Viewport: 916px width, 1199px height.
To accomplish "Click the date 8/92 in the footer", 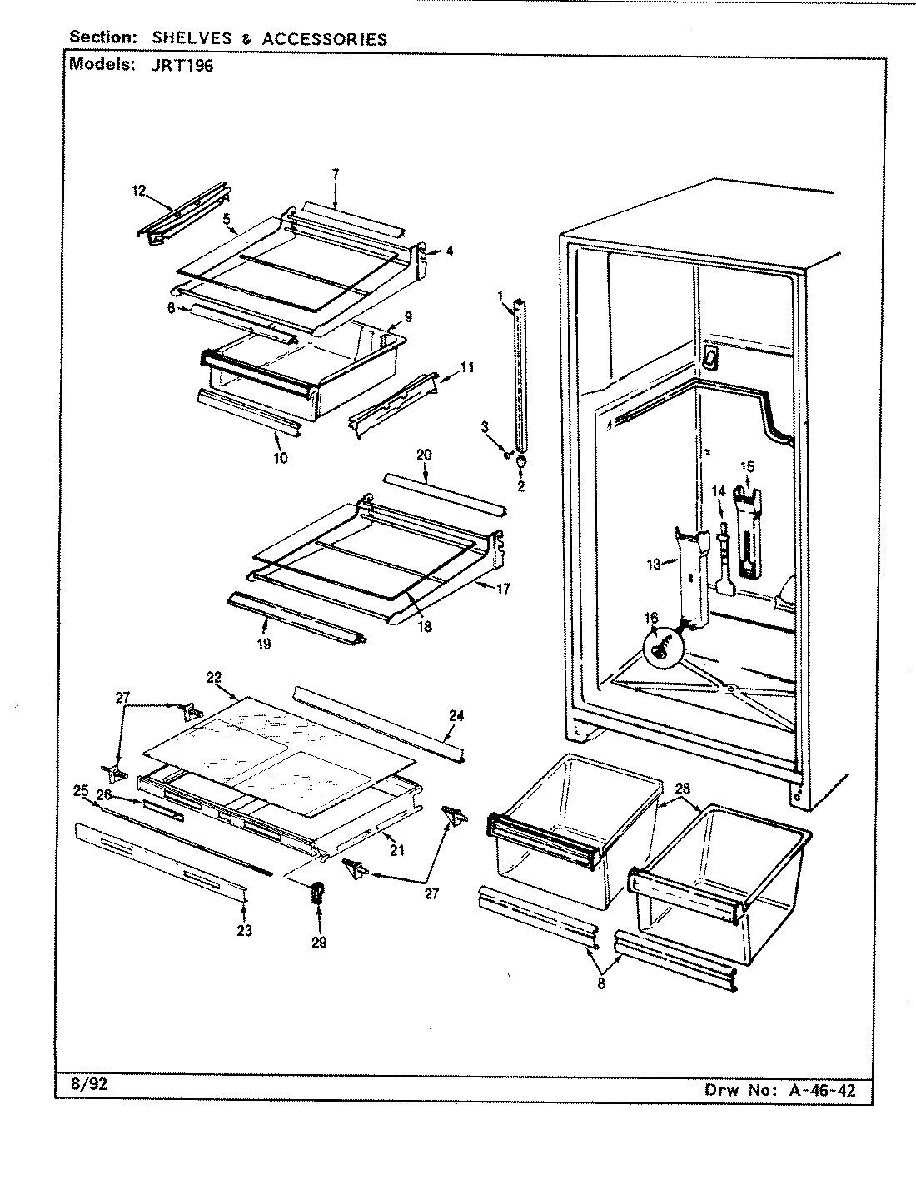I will click(85, 1085).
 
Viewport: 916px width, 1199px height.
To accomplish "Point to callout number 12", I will click(138, 191).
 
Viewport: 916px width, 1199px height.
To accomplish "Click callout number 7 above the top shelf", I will click(335, 174).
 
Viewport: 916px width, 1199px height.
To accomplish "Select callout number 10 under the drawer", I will click(280, 457).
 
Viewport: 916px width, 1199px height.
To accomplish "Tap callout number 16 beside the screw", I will click(650, 618).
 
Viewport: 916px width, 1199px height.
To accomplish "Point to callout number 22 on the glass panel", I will click(213, 677).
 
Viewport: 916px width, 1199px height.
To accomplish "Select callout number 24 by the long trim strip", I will click(456, 714).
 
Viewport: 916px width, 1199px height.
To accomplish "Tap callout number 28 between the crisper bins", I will click(683, 788).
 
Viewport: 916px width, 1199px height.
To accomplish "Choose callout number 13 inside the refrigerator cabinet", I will click(654, 565).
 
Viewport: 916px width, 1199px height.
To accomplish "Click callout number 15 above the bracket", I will click(747, 466).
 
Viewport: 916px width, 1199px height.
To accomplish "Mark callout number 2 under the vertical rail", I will click(520, 486).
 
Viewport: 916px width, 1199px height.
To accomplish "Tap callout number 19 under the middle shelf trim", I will click(264, 644).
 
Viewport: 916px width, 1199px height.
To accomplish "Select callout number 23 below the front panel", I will click(245, 930).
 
